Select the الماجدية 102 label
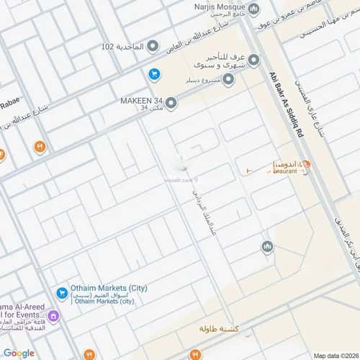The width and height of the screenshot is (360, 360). [117, 47]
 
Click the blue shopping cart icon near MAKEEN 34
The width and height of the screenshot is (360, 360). [153, 73]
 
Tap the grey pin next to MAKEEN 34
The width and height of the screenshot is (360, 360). [171, 104]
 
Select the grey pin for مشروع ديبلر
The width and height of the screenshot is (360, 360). [228, 79]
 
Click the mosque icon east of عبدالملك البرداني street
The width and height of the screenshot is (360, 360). [267, 247]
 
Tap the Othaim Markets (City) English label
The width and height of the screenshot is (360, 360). [108, 289]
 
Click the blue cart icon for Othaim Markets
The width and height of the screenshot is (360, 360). [61, 293]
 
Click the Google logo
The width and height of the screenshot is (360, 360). [19, 352]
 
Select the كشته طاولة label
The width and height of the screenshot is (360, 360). [225, 328]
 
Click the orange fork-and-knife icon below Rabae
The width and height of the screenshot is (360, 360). [39, 147]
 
